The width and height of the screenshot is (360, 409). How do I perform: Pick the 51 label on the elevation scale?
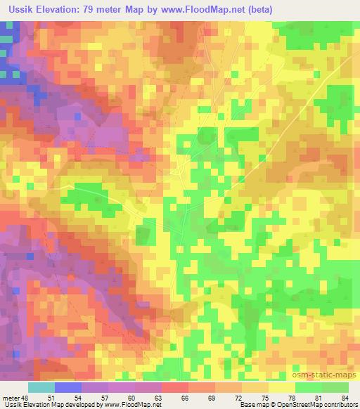point(56,398)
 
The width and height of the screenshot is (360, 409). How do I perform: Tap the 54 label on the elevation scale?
point(82,398)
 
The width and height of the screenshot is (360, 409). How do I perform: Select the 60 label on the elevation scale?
point(136,398)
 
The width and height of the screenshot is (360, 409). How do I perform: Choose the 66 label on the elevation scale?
point(189,398)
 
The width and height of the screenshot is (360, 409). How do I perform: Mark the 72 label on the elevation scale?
point(243,398)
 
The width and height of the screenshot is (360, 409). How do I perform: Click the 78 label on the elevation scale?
point(296,398)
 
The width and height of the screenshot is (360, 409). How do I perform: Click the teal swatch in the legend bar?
point(41,387)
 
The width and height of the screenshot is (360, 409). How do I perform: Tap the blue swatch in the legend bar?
point(68,387)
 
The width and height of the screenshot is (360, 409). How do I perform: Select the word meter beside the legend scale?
point(11,398)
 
